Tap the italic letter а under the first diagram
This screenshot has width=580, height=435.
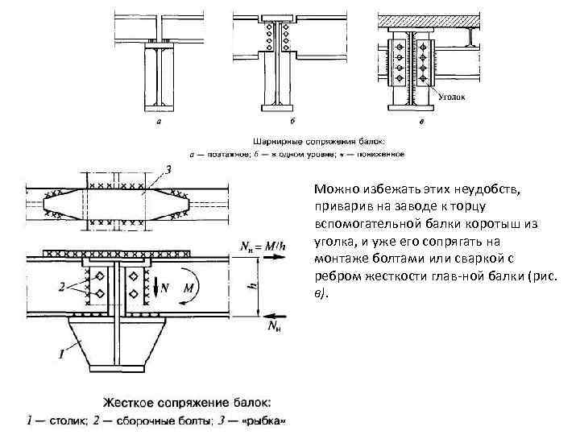pos(159,122)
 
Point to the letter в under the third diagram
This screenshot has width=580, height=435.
pos(422,123)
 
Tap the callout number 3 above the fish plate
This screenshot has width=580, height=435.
pos(169,169)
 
